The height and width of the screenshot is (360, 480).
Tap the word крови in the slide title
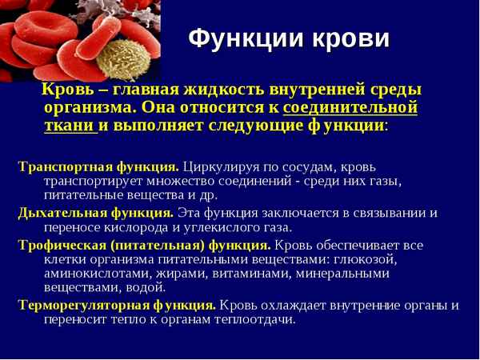click(350, 38)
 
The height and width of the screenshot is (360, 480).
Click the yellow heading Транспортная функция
click(98, 167)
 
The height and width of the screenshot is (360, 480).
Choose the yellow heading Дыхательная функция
click(95, 213)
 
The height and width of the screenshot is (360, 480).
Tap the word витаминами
click(237, 274)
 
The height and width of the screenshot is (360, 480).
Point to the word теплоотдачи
click(256, 319)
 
